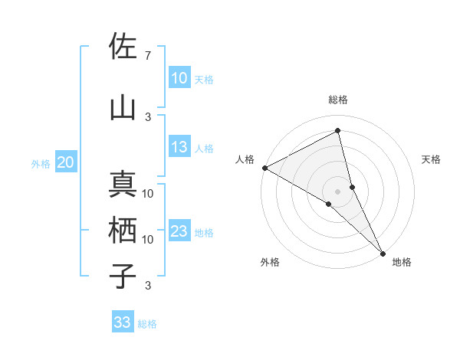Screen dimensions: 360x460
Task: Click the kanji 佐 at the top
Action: point(123,47)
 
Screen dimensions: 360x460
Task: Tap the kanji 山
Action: point(123,109)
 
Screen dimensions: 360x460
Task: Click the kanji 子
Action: point(123,277)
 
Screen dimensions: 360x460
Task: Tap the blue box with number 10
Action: point(179,77)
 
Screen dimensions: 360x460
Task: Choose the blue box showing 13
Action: point(179,148)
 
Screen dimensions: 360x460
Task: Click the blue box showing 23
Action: point(179,232)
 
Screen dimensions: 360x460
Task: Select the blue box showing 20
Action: point(66,162)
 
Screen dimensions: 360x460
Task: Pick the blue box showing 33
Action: point(123,322)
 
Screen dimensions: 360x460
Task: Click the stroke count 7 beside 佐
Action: point(147,56)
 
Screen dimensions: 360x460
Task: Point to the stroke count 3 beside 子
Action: point(147,286)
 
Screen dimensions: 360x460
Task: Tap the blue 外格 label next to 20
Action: point(41,163)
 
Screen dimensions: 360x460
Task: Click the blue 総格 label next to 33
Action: point(147,324)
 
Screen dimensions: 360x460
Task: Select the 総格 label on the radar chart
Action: point(338,100)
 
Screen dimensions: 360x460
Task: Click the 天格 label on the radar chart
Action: point(432,159)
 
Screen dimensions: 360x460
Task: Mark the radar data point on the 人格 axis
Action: point(264,168)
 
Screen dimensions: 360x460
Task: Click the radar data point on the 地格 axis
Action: point(383,252)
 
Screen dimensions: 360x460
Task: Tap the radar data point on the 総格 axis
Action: point(338,131)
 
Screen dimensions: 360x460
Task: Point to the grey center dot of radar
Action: point(337,191)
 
